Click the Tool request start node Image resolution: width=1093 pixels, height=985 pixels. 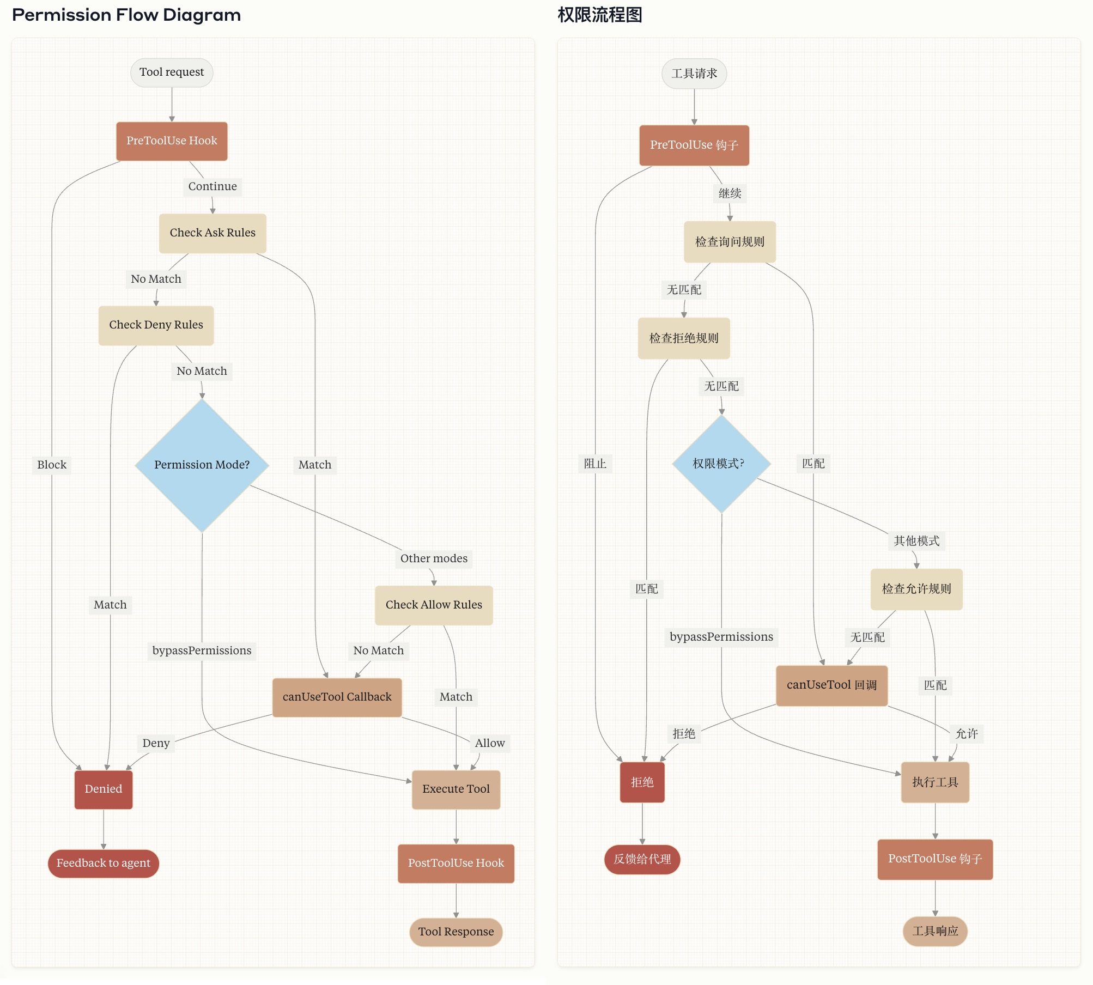[x=172, y=72]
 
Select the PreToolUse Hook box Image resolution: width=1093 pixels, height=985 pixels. [x=172, y=141]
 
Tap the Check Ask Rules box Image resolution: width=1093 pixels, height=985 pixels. [x=212, y=233]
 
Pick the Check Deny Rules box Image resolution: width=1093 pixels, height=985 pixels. [x=156, y=325]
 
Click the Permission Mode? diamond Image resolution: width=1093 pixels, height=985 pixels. [x=202, y=465]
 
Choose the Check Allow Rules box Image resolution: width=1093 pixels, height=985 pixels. [x=434, y=605]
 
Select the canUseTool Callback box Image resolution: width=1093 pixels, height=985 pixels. [x=337, y=697]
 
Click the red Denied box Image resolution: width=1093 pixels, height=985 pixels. [x=104, y=789]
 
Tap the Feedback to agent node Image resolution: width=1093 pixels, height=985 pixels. [x=104, y=863]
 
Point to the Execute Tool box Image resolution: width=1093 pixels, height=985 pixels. [x=456, y=789]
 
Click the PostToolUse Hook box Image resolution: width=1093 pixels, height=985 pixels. [x=456, y=863]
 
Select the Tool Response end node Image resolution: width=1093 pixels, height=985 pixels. [x=456, y=932]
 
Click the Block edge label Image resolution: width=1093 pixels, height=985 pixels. [x=52, y=465]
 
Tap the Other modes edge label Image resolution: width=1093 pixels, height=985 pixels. [x=434, y=558]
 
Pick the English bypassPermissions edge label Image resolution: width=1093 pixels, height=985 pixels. [x=202, y=650]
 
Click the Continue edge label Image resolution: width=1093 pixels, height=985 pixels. [x=212, y=186]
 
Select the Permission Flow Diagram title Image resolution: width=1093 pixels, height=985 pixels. [x=126, y=15]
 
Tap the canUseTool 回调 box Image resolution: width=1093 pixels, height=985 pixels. [x=831, y=685]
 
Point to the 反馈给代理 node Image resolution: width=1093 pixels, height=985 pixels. [x=642, y=859]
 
